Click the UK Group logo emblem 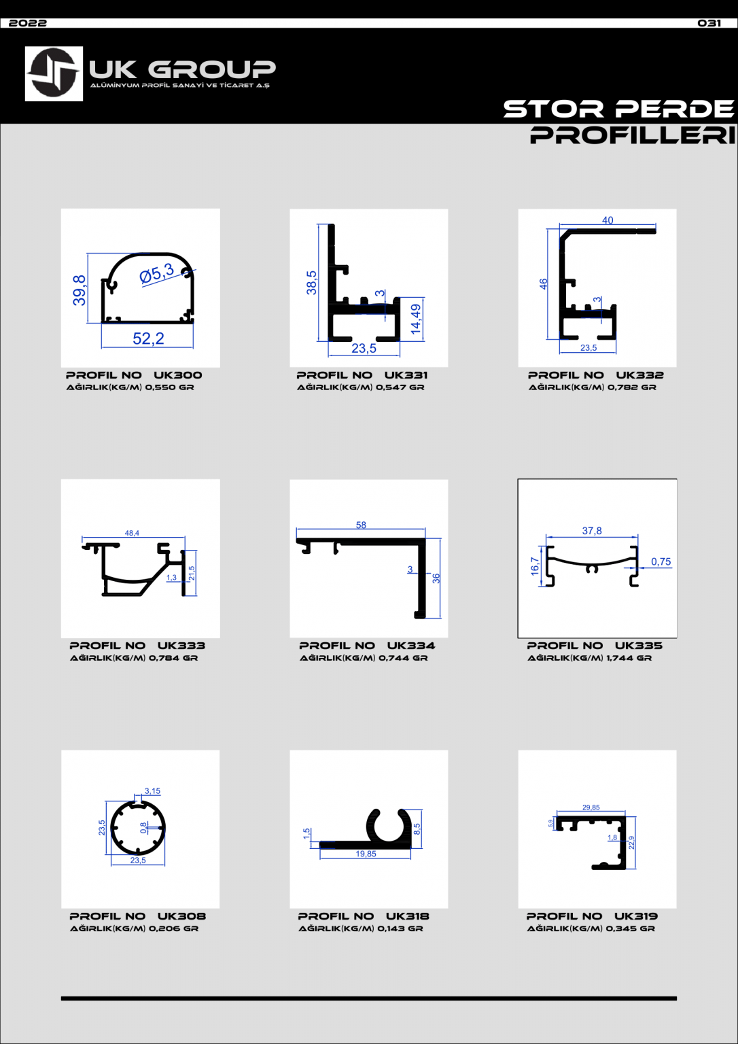54,73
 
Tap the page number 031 709,23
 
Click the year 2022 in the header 28,23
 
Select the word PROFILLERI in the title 633,135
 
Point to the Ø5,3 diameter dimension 157,273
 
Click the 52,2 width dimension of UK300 148,338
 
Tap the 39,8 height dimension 80,290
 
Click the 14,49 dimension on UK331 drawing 416,319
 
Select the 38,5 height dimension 311,283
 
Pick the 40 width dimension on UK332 608,220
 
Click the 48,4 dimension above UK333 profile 132,533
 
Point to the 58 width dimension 361,525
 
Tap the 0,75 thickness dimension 661,561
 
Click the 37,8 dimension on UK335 592,531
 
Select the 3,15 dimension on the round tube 152,791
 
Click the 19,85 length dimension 366,854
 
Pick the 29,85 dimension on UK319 591,807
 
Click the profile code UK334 411,646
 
